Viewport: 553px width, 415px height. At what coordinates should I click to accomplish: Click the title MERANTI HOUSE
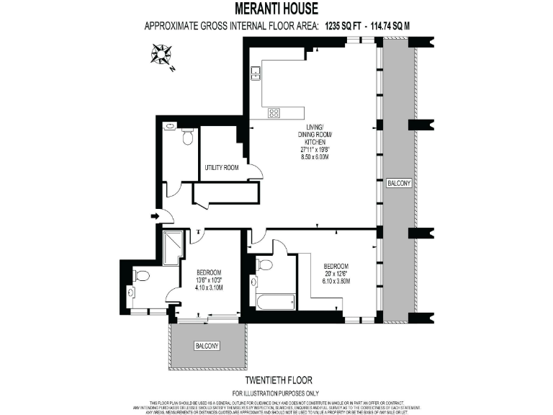276,9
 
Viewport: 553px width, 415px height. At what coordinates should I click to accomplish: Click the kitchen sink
256,71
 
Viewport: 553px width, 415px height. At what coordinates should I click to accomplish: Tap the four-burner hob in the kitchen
274,112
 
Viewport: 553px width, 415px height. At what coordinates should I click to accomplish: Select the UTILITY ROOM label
221,167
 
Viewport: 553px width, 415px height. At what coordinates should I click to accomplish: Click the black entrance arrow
156,215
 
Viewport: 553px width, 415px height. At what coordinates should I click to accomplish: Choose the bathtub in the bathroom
275,300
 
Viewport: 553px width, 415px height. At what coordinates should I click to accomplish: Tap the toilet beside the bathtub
264,265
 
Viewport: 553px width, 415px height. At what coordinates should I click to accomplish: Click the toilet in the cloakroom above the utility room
187,136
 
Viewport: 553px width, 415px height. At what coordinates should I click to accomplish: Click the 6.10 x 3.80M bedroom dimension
336,281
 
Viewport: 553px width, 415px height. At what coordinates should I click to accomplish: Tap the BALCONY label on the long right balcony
399,183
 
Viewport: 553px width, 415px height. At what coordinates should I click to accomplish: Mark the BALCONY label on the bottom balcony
207,347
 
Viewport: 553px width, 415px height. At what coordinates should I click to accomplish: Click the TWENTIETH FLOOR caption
276,381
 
